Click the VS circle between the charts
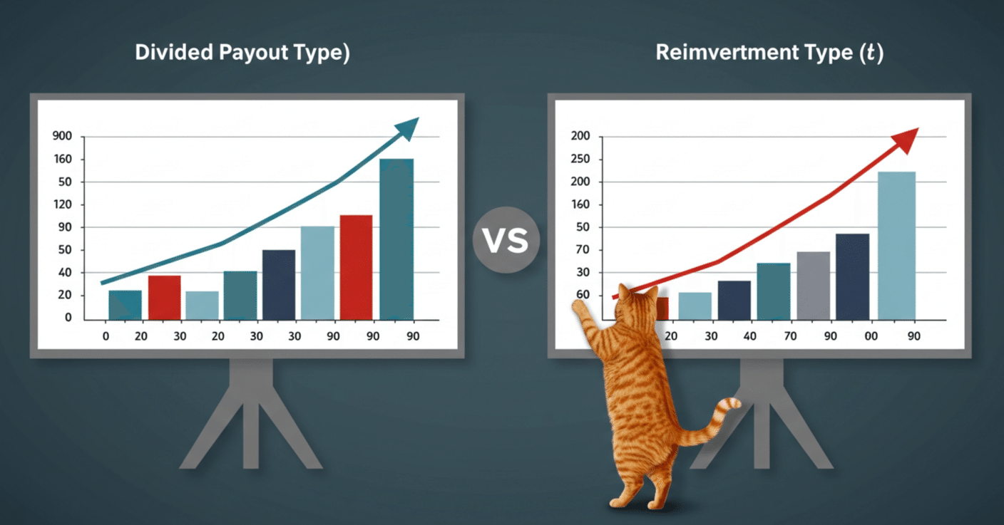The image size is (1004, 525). pyautogui.click(x=506, y=239)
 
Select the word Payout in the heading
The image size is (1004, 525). pyautogui.click(x=253, y=53)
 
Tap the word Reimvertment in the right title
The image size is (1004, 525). pyautogui.click(x=727, y=53)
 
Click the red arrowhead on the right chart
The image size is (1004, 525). pyautogui.click(x=906, y=140)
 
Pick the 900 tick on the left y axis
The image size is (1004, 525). pyautogui.click(x=62, y=136)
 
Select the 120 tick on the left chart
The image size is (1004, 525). pyautogui.click(x=63, y=204)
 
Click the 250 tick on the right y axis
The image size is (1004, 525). pyautogui.click(x=580, y=159)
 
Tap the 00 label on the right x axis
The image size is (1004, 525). pyautogui.click(x=871, y=336)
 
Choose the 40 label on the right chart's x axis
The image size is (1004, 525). pyautogui.click(x=750, y=336)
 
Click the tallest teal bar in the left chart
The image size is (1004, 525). pyautogui.click(x=396, y=239)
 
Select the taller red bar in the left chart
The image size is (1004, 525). pyautogui.click(x=356, y=267)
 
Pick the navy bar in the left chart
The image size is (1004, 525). pyautogui.click(x=279, y=285)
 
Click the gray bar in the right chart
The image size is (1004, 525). pyautogui.click(x=814, y=286)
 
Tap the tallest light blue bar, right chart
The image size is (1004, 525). pyautogui.click(x=896, y=246)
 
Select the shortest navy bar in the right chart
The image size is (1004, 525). pyautogui.click(x=734, y=300)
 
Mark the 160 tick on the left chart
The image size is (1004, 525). pyautogui.click(x=63, y=159)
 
